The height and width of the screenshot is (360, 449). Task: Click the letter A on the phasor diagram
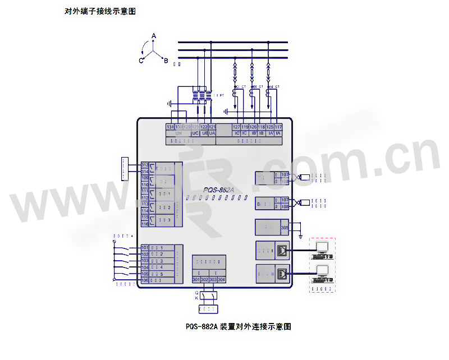click(154, 35)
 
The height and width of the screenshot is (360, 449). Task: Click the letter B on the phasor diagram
click(166, 61)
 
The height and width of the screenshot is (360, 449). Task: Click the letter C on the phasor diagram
click(141, 61)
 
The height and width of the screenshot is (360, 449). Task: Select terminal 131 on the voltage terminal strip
click(170, 127)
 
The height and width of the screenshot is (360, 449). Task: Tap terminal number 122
click(204, 127)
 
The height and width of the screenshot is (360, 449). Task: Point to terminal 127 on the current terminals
click(236, 127)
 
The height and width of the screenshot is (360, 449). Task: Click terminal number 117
click(278, 127)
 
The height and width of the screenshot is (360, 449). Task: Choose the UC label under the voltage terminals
click(195, 133)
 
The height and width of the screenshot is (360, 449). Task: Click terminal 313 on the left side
click(145, 164)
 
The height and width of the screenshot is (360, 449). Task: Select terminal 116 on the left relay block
click(145, 224)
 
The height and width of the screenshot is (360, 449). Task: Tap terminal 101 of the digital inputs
click(145, 247)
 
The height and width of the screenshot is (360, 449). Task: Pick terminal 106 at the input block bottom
click(145, 280)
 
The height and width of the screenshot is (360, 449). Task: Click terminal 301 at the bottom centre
click(196, 279)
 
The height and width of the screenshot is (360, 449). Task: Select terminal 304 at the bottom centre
click(221, 279)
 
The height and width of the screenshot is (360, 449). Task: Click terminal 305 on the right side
click(285, 228)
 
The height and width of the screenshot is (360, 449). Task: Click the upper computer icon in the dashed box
click(322, 248)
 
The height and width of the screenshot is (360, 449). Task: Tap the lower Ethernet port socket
click(283, 273)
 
